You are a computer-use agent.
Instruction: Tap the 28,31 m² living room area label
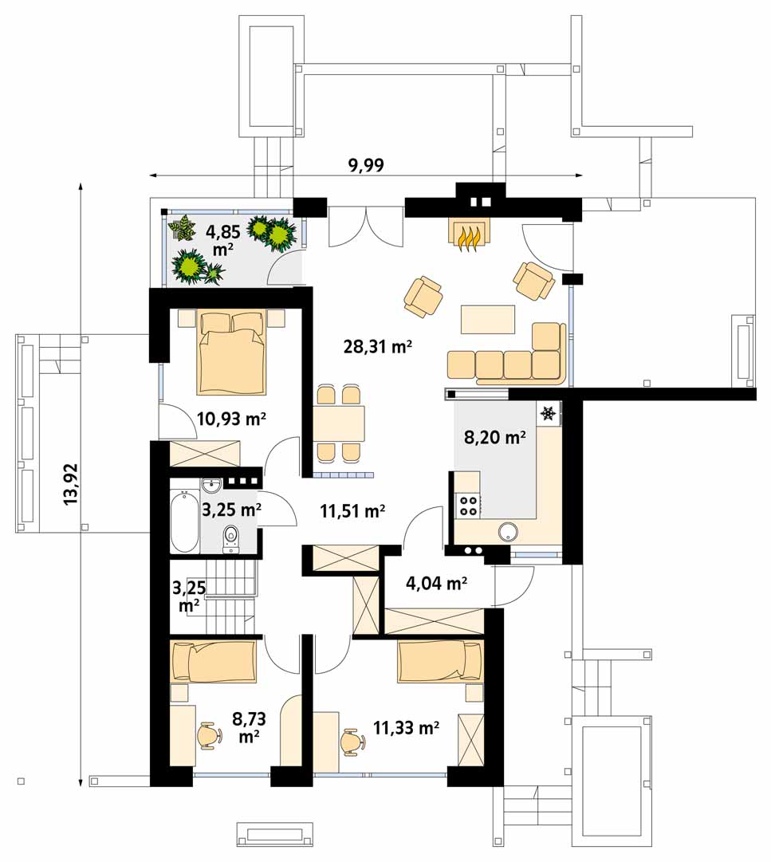[378, 346]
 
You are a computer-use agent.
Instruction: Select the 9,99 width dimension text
[366, 164]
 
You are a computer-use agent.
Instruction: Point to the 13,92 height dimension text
[72, 484]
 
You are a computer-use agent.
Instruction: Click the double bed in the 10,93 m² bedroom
[231, 352]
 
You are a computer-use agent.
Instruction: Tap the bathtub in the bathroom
[184, 522]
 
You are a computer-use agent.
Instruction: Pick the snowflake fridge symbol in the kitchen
[547, 412]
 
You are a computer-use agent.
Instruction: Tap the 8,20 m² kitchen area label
[494, 438]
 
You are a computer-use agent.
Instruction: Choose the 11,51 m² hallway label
[352, 511]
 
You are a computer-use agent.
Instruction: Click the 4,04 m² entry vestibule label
[436, 583]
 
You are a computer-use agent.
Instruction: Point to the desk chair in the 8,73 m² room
[210, 735]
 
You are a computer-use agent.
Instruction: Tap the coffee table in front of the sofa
[488, 320]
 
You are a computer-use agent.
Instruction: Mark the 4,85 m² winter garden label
[222, 240]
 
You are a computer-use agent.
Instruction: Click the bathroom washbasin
[211, 486]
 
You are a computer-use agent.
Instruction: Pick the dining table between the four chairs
[339, 423]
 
